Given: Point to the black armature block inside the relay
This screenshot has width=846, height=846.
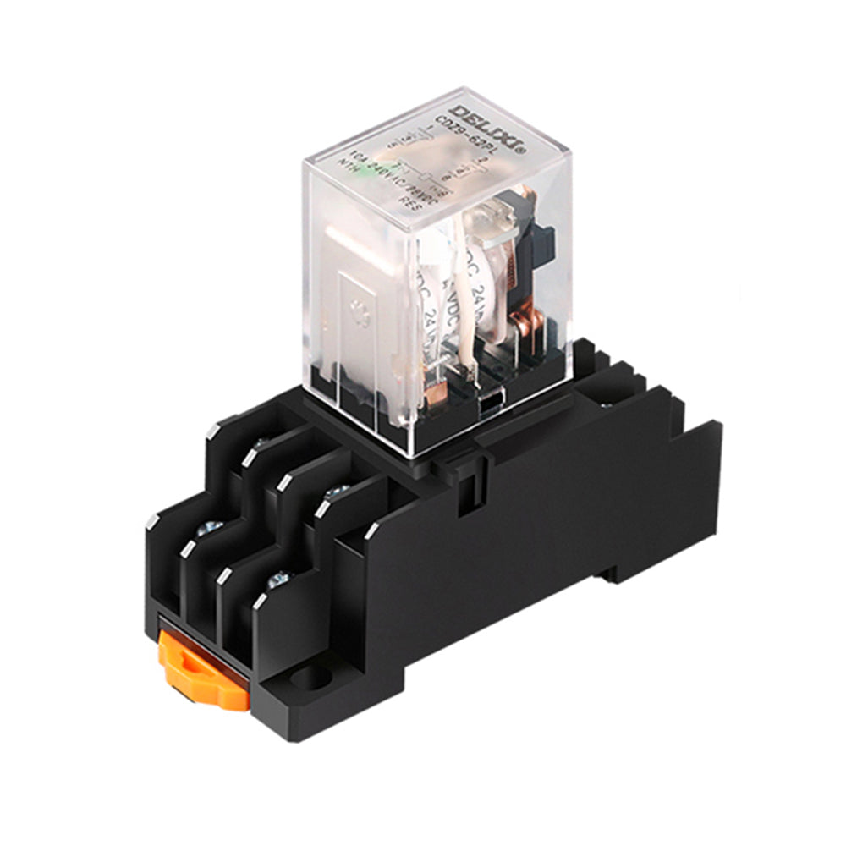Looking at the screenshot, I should [x=534, y=245].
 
